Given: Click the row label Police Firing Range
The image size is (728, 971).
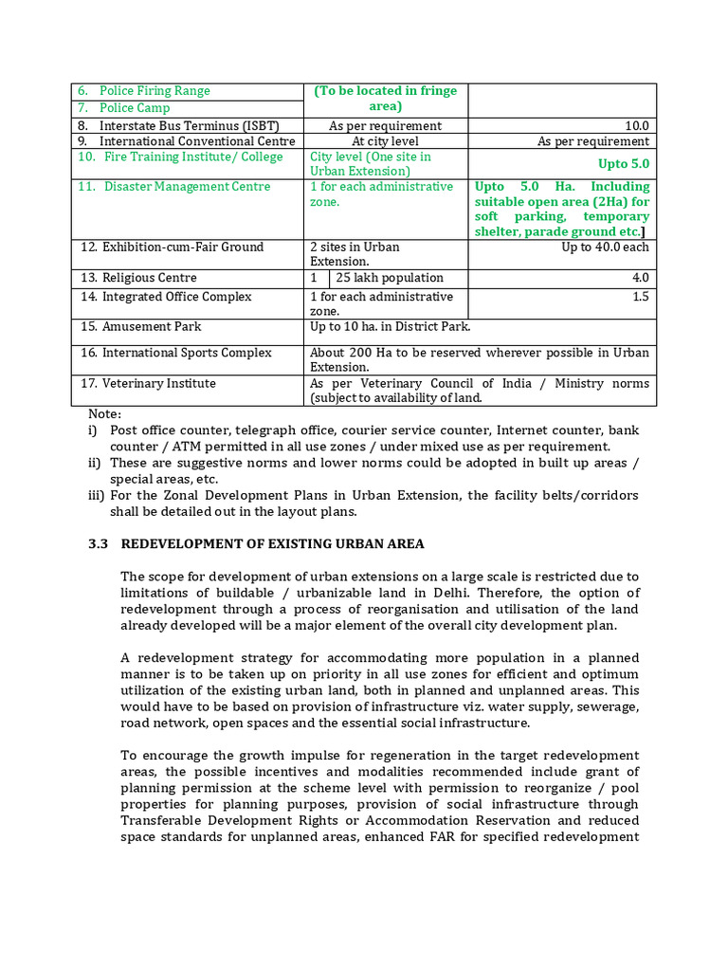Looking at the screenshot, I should click(155, 91).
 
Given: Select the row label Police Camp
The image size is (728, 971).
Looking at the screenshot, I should click(135, 108).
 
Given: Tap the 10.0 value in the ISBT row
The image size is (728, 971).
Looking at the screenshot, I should click(637, 125).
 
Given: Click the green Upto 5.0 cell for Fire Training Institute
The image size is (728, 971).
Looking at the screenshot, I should click(624, 164).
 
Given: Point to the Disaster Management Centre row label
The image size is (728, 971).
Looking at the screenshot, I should click(187, 187).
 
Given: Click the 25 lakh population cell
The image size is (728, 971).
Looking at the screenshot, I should click(390, 278).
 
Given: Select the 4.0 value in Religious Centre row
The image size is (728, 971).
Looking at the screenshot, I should click(641, 278).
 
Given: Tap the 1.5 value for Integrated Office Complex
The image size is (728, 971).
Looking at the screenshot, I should click(641, 297).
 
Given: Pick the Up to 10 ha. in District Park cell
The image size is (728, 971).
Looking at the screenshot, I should click(390, 327).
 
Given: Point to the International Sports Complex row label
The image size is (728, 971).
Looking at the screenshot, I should click(187, 353).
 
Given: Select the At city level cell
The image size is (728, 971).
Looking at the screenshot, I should click(385, 141).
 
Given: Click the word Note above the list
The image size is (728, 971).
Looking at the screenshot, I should click(104, 414).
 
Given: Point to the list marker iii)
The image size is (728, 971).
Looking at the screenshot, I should click(95, 495).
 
